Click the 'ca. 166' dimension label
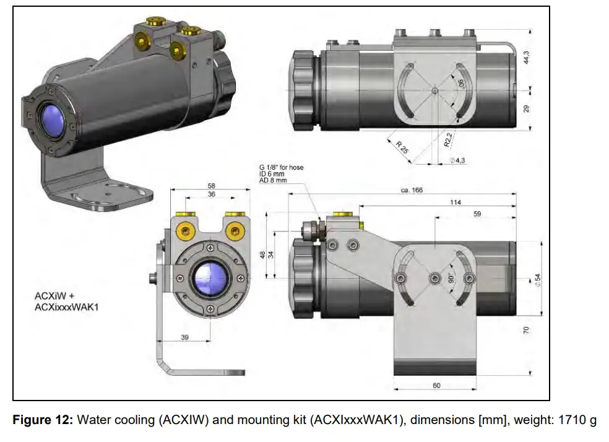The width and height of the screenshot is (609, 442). click(410, 190)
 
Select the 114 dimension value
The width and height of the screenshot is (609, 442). click(457, 202)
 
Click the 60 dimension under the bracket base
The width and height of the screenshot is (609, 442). click(436, 385)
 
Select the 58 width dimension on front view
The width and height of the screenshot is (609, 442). click(211, 185)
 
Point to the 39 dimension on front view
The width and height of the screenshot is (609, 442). click(186, 337)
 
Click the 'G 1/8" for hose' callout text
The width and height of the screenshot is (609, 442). click(281, 167)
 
